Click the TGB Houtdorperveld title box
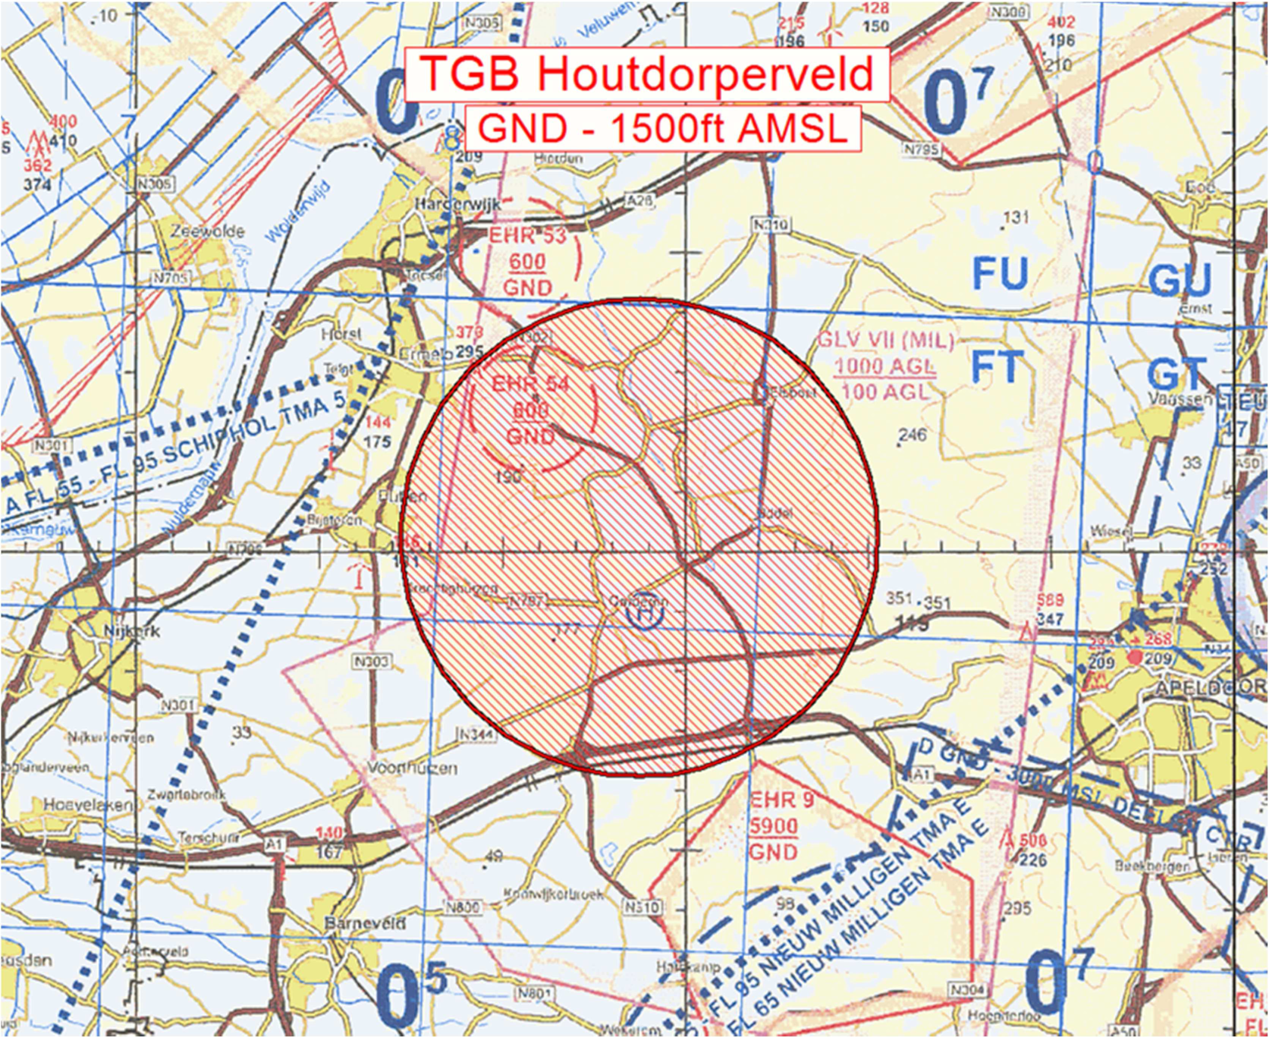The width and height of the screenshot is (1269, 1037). point(646,74)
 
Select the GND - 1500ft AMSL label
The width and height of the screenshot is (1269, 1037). point(662,128)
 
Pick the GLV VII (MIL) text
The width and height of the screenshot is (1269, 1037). point(886,340)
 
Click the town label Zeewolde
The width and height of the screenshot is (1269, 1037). point(207,231)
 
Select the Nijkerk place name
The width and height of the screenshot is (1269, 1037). point(132,631)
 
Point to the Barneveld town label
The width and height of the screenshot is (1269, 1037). point(365,923)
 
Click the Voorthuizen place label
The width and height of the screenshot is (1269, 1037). point(412,768)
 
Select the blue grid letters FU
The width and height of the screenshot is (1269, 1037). point(1000,274)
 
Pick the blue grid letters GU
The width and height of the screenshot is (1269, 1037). point(1179,281)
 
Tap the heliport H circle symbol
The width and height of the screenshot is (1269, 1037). point(644,611)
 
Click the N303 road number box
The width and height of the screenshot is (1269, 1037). point(371,662)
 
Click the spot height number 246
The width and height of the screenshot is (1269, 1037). point(912,435)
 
